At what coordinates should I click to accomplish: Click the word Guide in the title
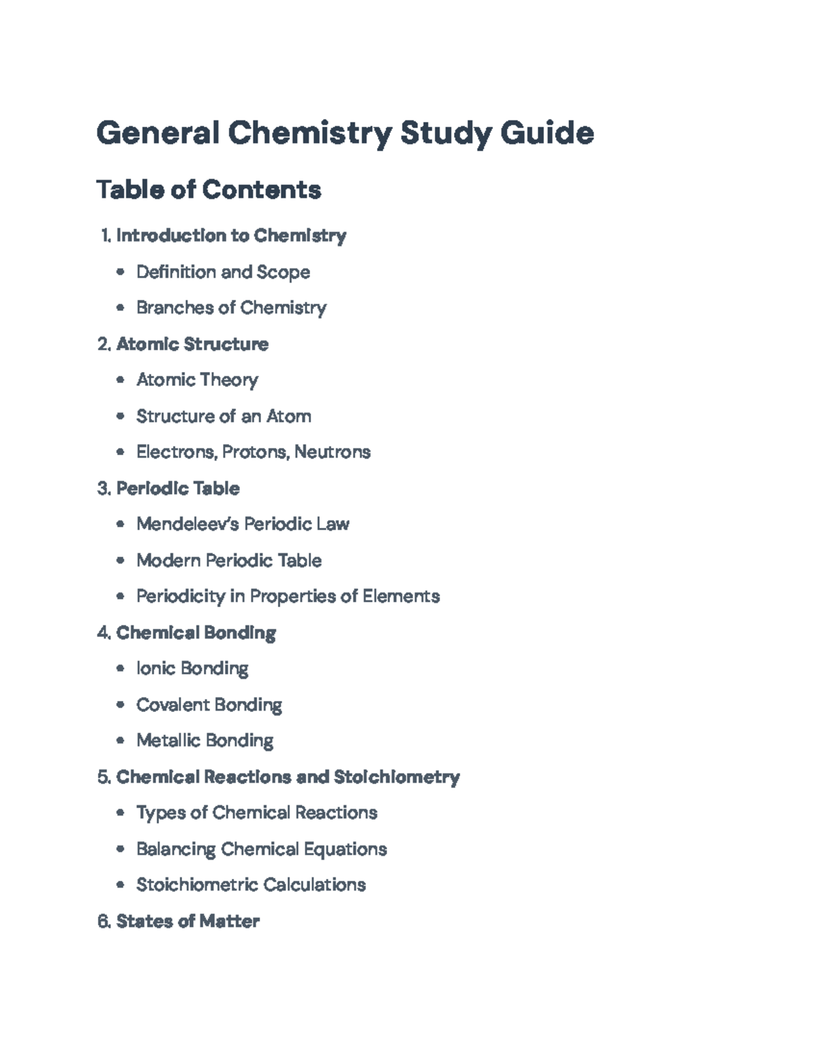coord(547,133)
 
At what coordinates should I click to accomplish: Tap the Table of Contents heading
coord(209,189)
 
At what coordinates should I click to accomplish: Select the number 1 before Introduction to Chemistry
coord(105,236)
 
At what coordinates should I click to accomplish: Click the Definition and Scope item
coord(223,272)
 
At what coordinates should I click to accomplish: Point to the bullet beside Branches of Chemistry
coord(121,308)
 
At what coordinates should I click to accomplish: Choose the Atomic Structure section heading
coord(192,344)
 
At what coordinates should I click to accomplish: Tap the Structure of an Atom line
coord(224,416)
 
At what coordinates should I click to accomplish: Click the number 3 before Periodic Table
coord(103,488)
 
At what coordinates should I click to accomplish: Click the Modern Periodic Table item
coord(229,561)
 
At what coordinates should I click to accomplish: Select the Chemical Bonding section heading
coord(196,633)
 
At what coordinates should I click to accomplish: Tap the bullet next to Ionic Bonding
coord(121,669)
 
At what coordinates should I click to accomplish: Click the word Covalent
coord(168,705)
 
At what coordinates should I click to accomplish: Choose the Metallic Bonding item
coord(204,741)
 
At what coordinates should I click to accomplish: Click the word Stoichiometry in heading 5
coord(397,777)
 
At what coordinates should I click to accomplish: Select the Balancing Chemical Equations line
coord(261,850)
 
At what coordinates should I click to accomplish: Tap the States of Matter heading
coord(187,922)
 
